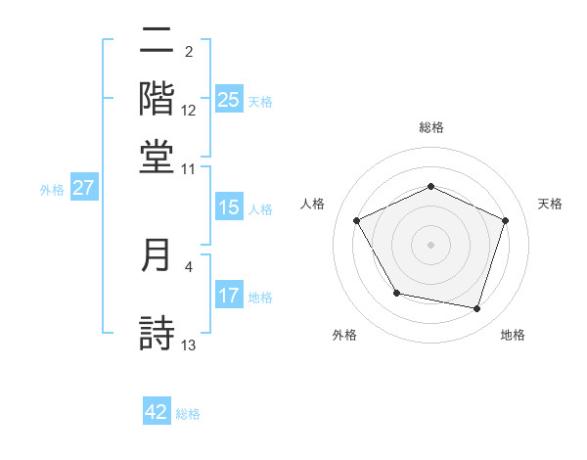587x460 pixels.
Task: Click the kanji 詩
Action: point(157,332)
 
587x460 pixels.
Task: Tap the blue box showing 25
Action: point(228,100)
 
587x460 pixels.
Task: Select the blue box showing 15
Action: point(228,207)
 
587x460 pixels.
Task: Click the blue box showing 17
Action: point(228,296)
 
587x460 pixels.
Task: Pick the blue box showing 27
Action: point(83,188)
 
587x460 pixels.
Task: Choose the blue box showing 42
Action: point(157,412)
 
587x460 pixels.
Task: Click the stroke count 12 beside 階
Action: point(189,110)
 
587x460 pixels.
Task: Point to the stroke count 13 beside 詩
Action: point(189,344)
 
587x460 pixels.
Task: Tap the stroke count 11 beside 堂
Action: point(189,168)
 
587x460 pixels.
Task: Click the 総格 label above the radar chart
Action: point(430,127)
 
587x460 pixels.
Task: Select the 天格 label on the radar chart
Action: point(550,204)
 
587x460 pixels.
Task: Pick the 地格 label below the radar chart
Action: point(513,336)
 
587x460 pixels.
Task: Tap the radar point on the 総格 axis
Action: point(430,186)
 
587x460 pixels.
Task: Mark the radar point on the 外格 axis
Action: point(396,293)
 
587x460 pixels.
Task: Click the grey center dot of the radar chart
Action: point(430,244)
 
